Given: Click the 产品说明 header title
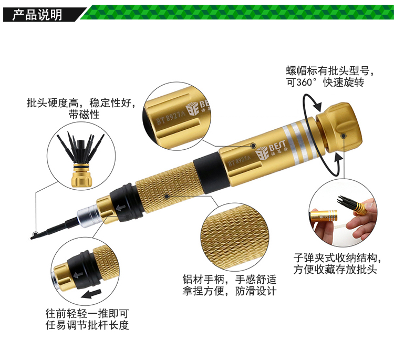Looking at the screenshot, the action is (x=37, y=15).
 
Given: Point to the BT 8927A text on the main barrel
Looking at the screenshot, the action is (x=239, y=161).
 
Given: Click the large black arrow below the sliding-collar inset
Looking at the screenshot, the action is (x=91, y=294).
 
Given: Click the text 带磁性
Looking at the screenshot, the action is (x=84, y=115).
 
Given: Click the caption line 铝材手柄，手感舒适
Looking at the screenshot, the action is (x=230, y=279).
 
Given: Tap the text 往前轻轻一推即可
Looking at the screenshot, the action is (x=87, y=314).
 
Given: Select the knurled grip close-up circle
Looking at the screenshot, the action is (x=234, y=237).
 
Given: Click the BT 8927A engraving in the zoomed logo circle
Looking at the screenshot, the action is (x=171, y=118).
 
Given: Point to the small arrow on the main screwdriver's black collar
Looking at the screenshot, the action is (x=121, y=208).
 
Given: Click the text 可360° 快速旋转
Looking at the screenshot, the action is (x=325, y=82).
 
